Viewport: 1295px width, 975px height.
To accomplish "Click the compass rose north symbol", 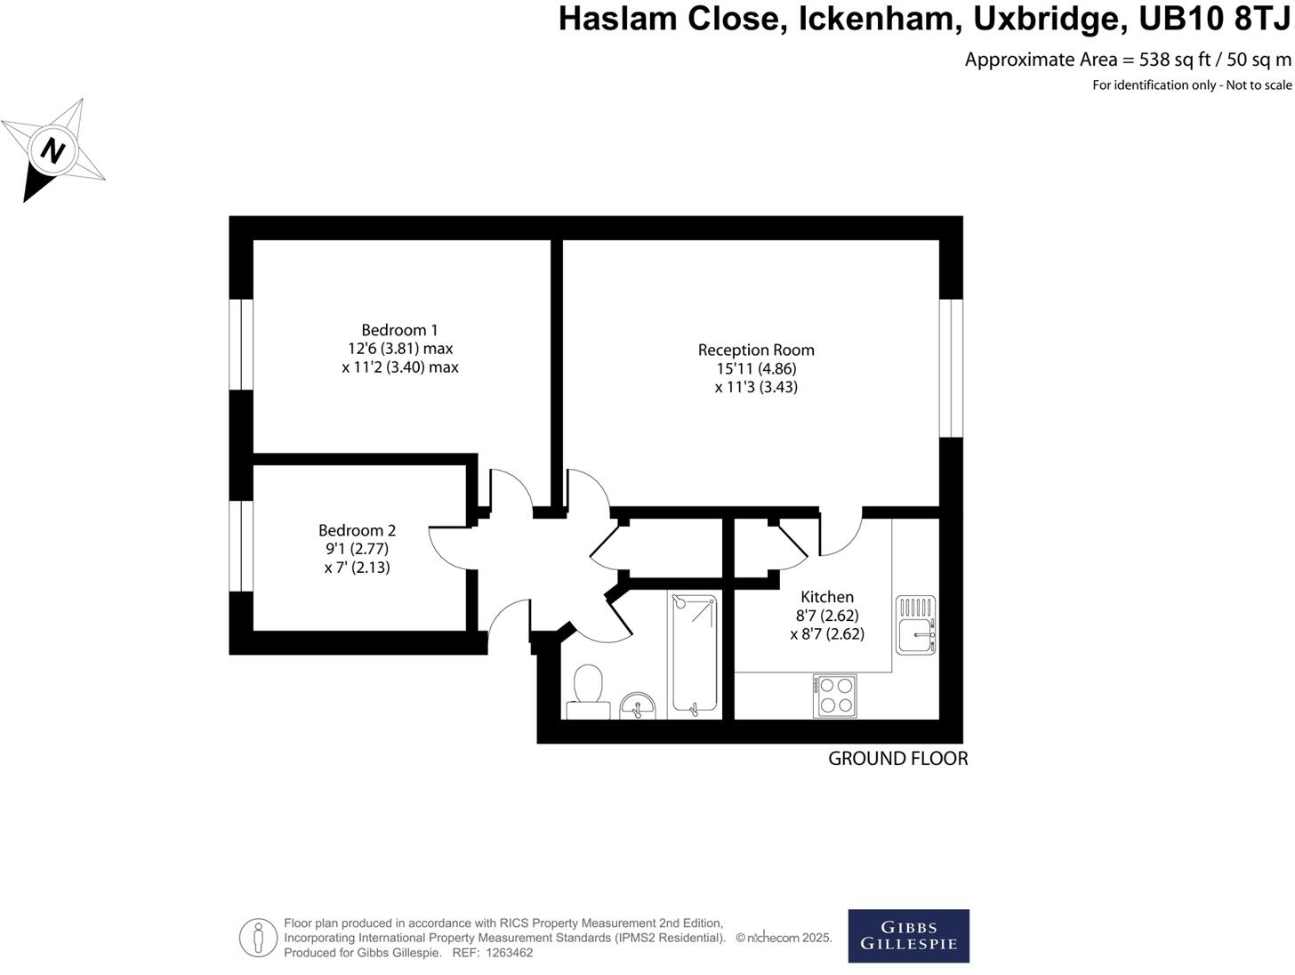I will click(54, 150).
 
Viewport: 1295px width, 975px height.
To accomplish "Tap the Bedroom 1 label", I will click(399, 330).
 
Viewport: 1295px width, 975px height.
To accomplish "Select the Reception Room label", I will click(756, 350).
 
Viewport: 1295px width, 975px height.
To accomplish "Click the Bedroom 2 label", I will click(357, 530).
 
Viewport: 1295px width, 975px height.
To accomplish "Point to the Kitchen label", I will click(827, 597).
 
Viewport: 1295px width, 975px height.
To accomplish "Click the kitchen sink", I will click(915, 625).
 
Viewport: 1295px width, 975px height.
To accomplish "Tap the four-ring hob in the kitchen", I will click(835, 696).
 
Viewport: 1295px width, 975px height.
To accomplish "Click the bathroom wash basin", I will click(637, 706).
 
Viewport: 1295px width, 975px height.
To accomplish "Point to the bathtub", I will click(694, 654).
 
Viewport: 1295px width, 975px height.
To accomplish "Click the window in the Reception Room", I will click(952, 367).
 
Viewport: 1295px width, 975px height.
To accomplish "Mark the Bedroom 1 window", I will click(241, 344).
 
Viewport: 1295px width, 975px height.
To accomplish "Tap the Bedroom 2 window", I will click(241, 545).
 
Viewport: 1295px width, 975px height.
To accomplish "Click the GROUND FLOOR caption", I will click(897, 759).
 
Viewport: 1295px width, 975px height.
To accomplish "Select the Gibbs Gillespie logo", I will click(908, 936).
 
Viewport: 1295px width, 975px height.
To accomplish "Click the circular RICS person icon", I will click(258, 938).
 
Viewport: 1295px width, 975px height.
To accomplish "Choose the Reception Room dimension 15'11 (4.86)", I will click(756, 368).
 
